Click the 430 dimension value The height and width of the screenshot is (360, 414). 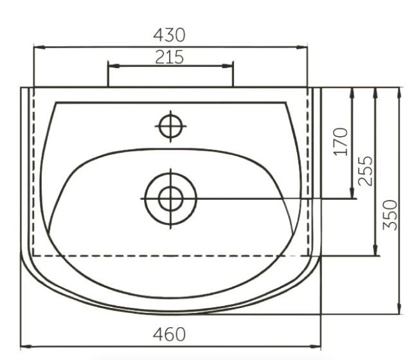coord(169,35)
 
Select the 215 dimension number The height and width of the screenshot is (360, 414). coord(169,57)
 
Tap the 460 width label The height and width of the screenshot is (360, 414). coord(169,334)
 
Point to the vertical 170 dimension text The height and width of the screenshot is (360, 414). coord(341,141)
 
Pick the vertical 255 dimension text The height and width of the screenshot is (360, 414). coord(365,171)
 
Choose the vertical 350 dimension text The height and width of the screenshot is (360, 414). coord(390,215)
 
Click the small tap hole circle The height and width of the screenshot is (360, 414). coord(170,126)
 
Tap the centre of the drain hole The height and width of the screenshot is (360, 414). coord(170,199)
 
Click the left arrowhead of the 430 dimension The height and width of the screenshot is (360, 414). coord(39,48)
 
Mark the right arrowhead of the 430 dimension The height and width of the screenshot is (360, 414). coord(302,48)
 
